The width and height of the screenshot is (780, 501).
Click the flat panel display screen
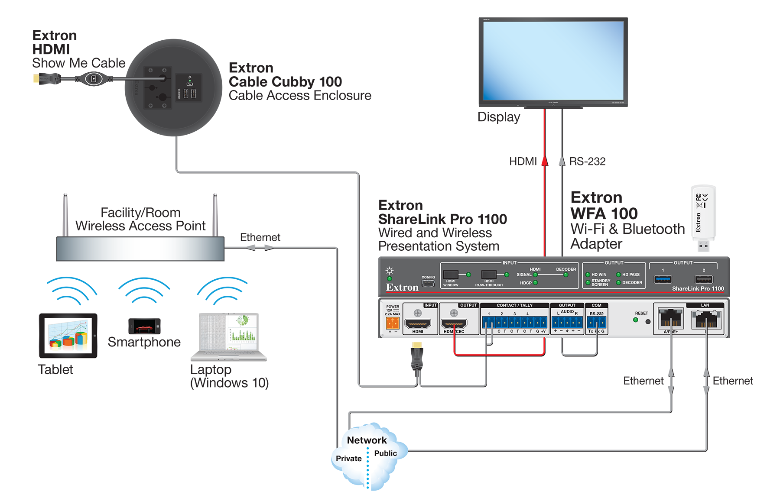point(553,61)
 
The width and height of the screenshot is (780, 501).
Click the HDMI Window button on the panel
point(451,275)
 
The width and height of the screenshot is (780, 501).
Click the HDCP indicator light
point(536,283)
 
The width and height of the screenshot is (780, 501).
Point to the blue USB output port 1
point(663,279)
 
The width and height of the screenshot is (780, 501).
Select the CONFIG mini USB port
point(428,283)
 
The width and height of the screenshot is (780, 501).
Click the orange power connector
point(393,323)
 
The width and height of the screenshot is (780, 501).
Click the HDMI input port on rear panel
point(417,323)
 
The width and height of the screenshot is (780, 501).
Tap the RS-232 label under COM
point(597,314)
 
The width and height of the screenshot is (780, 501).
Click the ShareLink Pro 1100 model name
point(698,288)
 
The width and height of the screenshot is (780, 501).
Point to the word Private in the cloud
point(348,459)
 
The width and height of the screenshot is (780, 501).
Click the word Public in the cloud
point(385,453)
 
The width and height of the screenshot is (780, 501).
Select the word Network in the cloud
point(367,440)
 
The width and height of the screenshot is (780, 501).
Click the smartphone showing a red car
point(144,326)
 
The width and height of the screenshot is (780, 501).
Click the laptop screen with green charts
point(228,333)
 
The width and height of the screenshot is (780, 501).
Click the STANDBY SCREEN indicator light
point(588,283)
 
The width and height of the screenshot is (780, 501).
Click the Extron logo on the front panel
point(402,288)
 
